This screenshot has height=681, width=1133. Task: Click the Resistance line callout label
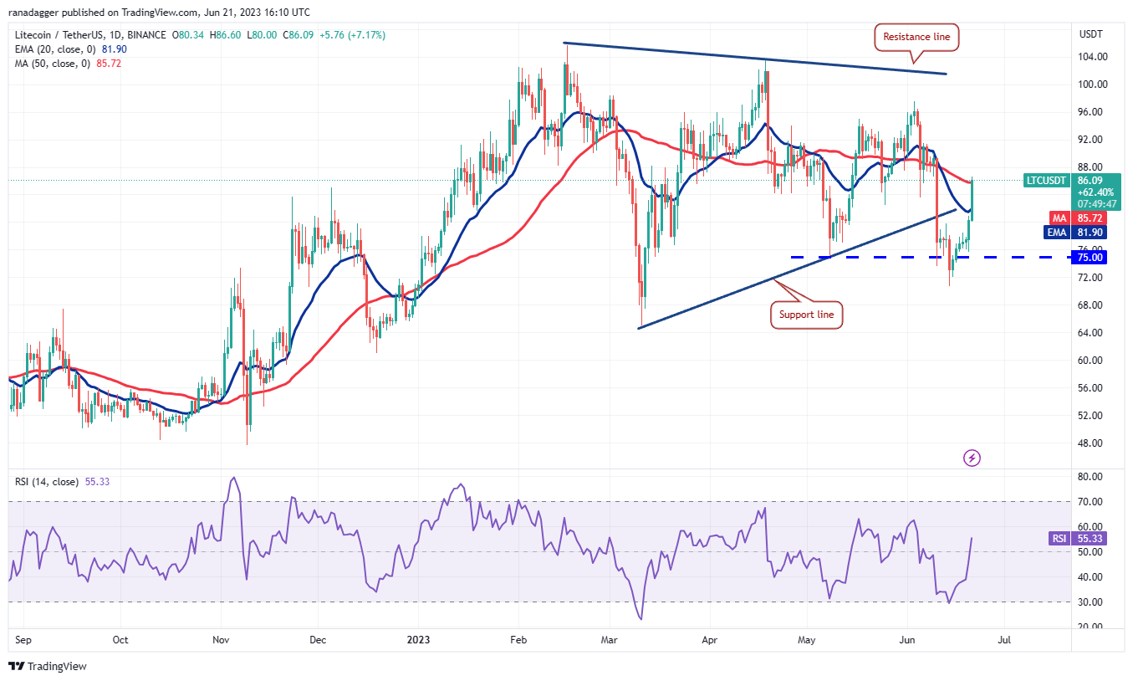click(x=916, y=37)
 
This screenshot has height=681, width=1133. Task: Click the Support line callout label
click(x=806, y=315)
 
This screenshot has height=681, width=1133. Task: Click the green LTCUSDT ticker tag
click(x=1046, y=180)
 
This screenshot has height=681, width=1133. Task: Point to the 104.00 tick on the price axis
click(x=1092, y=57)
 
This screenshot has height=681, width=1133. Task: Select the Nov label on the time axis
click(x=221, y=640)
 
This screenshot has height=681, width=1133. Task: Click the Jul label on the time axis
click(x=1004, y=640)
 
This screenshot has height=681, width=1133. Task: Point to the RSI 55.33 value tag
click(x=1090, y=539)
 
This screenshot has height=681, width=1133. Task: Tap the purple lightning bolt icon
click(x=972, y=458)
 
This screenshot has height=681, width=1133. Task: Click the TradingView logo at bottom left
click(x=48, y=666)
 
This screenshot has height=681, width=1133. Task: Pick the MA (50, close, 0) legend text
click(x=55, y=63)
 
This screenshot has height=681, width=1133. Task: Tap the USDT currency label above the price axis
click(x=1091, y=34)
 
